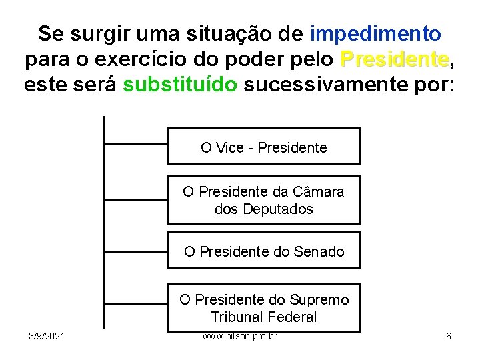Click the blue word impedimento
[375, 33]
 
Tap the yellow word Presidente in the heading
[395, 59]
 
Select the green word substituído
[180, 85]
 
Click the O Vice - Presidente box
[263, 147]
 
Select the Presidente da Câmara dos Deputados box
[263, 200]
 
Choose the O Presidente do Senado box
[263, 251]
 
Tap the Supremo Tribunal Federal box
[263, 308]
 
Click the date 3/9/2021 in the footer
[47, 336]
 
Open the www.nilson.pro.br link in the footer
[239, 336]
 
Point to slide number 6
[448, 336]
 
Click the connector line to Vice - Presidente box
[136, 143]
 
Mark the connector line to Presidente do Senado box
[136, 252]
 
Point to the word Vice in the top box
[230, 147]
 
